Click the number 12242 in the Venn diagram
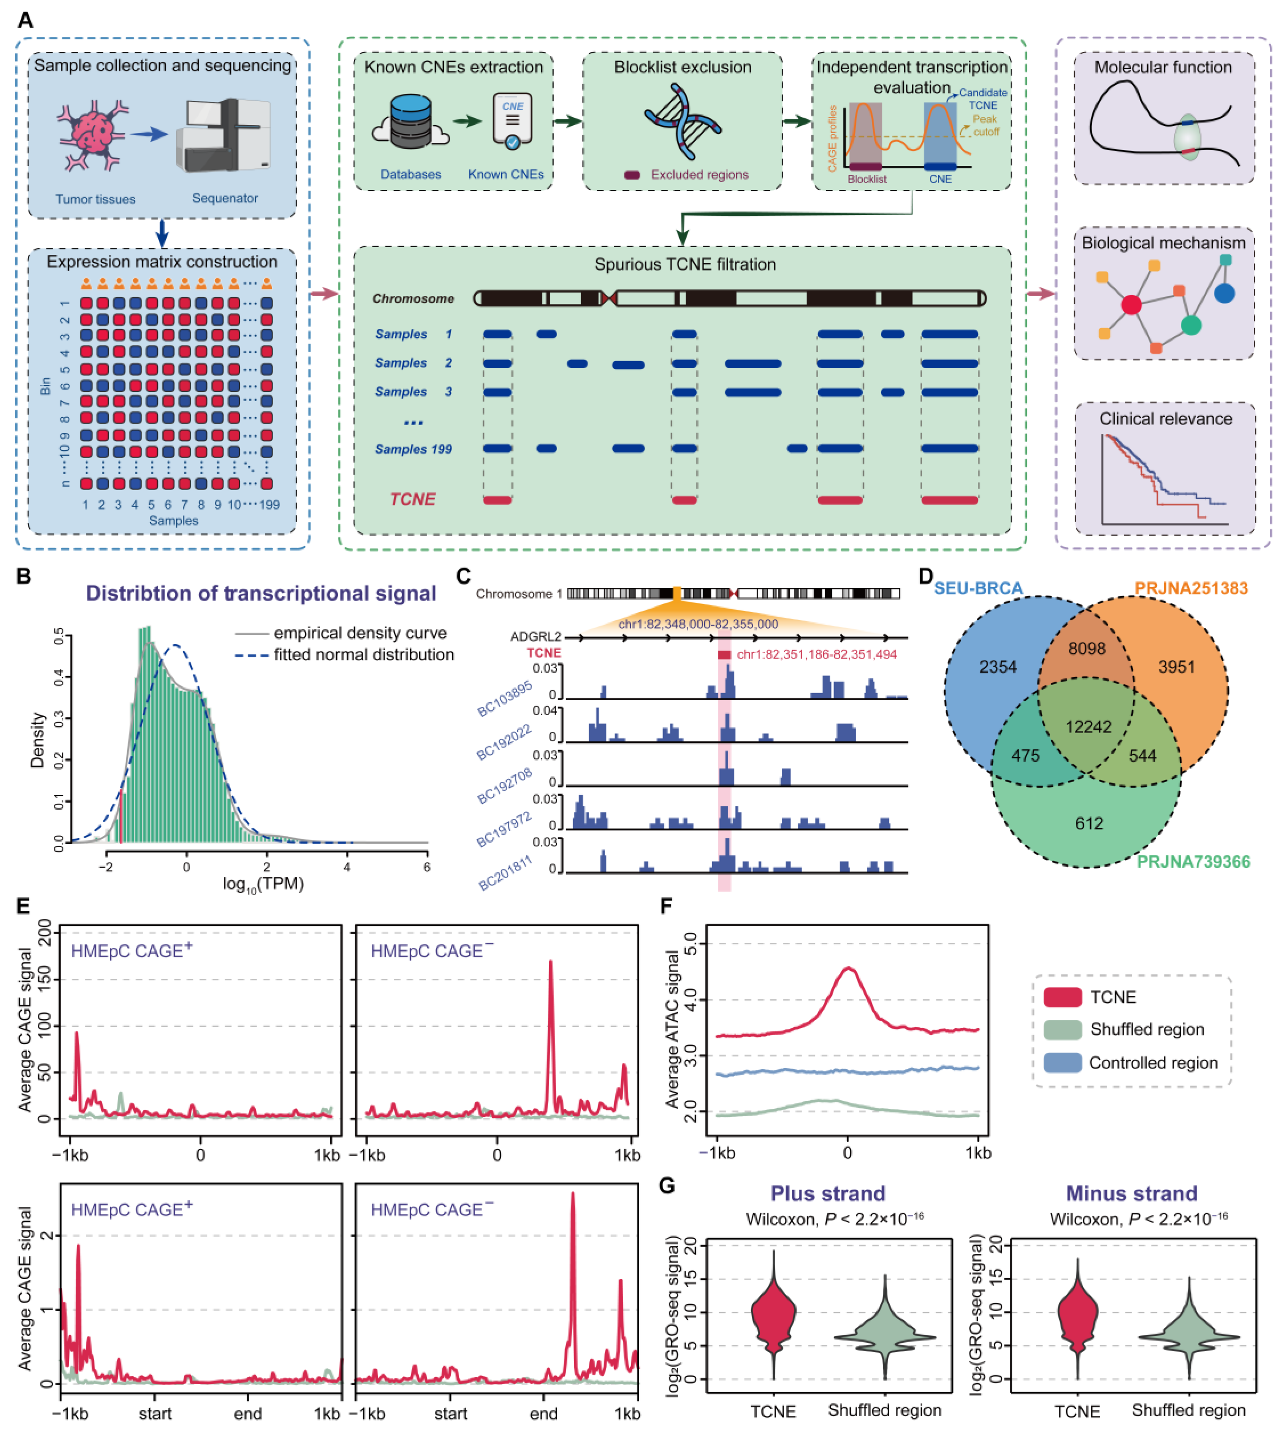coord(1088,727)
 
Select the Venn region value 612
coord(1089,823)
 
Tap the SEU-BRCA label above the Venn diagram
coord(978,588)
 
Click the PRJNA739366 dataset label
coord(1193,862)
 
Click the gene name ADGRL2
coord(535,637)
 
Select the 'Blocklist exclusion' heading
coord(682,68)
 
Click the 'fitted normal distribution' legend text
coord(364,655)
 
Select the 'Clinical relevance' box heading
coord(1165,419)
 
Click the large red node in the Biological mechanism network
coord(1131,305)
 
